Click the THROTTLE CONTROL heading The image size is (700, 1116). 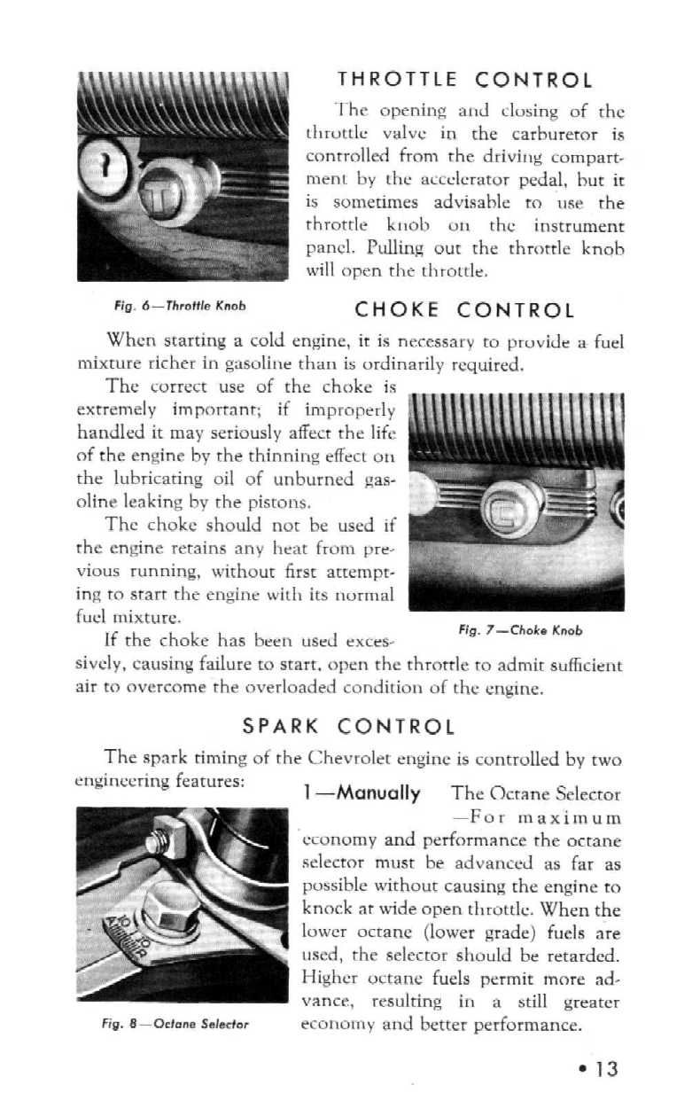[x=464, y=81]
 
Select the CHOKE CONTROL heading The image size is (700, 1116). [x=464, y=310]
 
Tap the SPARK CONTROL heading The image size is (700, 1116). [x=348, y=727]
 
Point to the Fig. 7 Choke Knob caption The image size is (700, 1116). [x=521, y=630]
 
